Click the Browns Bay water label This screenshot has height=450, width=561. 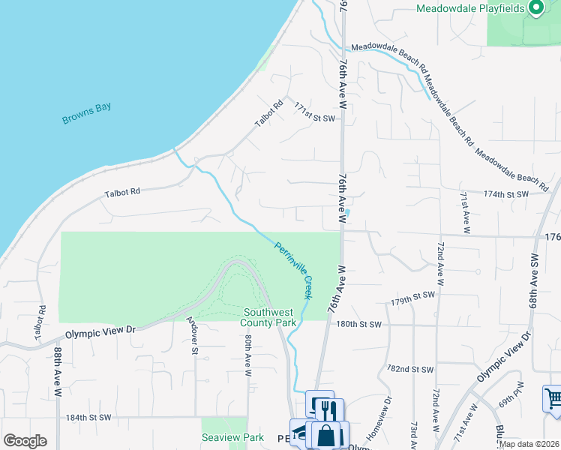tap(87, 112)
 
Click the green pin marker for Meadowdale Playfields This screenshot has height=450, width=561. tap(535, 8)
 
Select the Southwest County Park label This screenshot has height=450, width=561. tap(268, 317)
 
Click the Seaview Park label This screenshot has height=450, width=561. tap(232, 437)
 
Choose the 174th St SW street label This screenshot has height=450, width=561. tap(506, 193)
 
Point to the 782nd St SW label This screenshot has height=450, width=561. tap(410, 370)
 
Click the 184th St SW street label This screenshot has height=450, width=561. tap(88, 417)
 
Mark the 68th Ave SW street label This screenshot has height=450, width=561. tap(535, 277)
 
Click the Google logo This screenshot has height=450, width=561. tap(25, 441)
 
